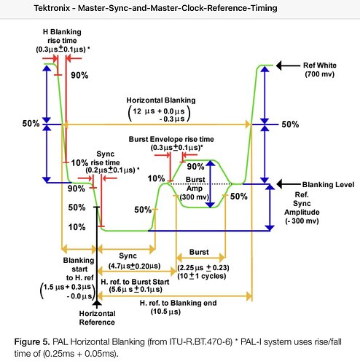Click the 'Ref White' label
point(320,66)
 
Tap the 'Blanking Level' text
point(328,185)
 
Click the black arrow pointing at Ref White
point(288,66)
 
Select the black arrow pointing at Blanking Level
point(289,184)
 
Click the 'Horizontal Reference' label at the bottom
point(97,318)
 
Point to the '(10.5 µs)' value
point(165,312)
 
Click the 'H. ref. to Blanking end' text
point(178,303)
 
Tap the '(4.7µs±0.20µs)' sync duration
point(134,266)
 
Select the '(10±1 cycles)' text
point(202,276)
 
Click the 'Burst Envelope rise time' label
point(171,139)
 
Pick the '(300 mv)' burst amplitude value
point(195,197)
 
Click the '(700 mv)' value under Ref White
point(320,74)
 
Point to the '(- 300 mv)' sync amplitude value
point(302,221)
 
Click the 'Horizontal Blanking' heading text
point(161,100)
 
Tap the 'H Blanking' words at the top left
point(62,32)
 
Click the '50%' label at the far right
point(290,124)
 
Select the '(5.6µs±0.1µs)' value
point(136,290)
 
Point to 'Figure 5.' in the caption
point(32,342)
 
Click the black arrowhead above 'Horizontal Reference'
point(97,303)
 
